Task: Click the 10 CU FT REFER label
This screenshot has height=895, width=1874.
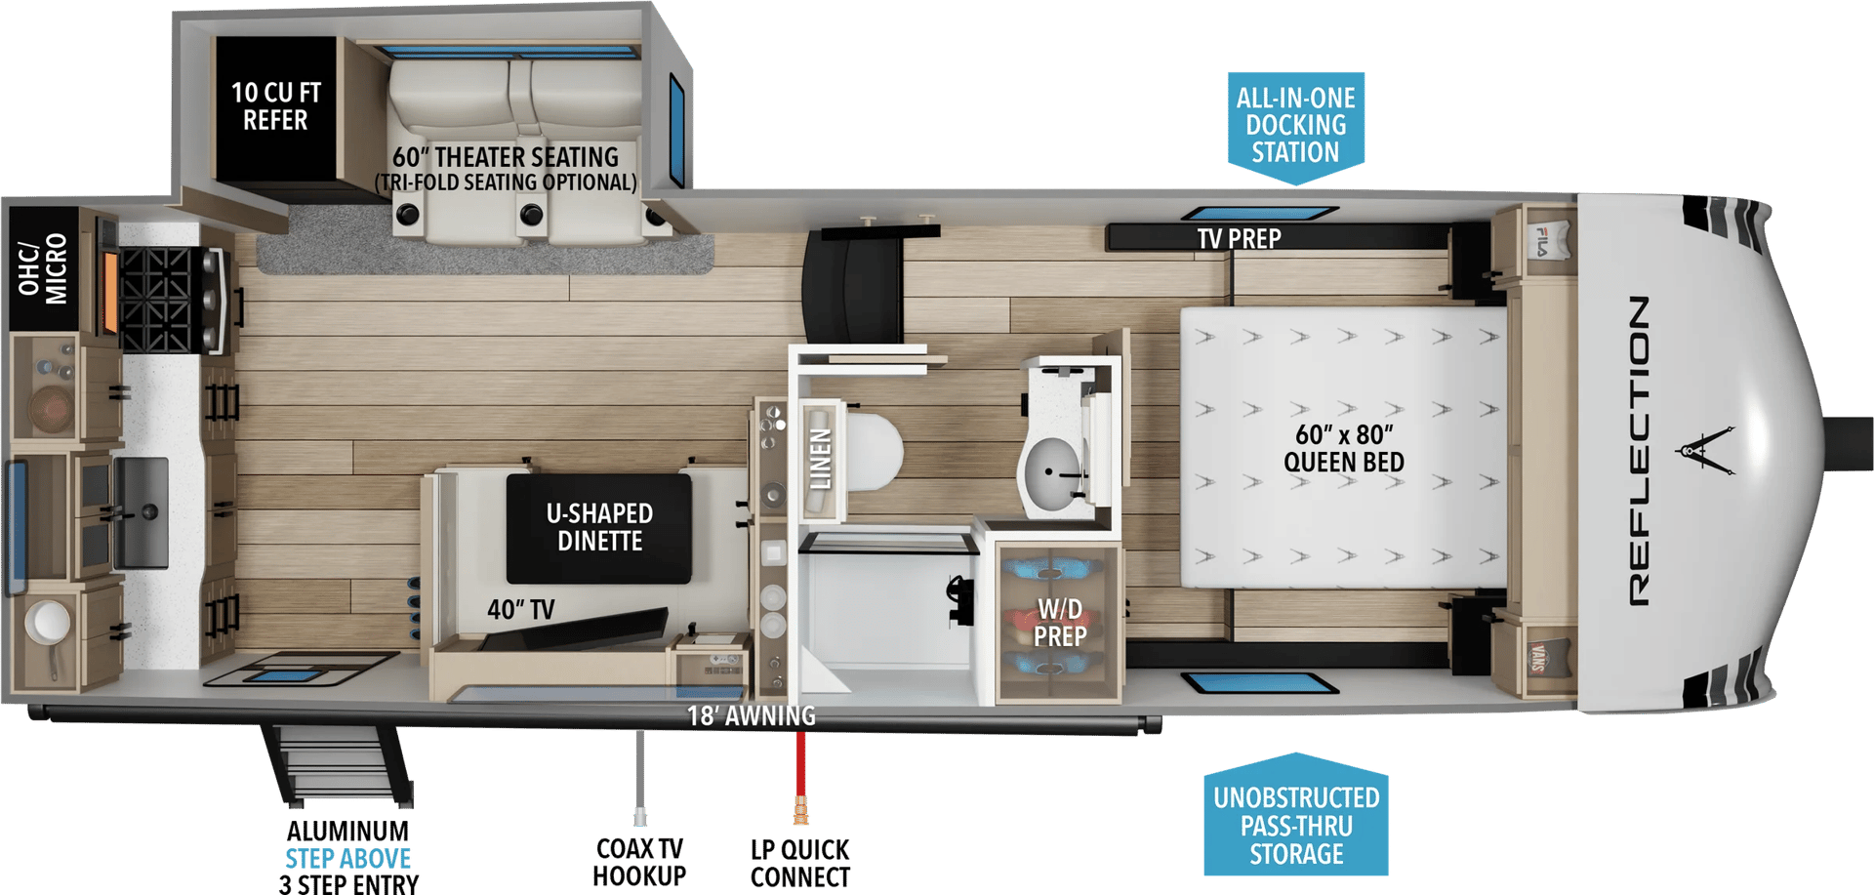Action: (275, 106)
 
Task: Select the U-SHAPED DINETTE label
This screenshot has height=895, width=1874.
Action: (599, 527)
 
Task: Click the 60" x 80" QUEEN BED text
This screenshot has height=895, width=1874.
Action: (1344, 448)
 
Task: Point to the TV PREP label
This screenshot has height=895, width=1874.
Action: (1239, 238)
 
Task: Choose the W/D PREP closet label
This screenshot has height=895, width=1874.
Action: (1060, 623)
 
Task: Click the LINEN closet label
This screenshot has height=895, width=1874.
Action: (821, 460)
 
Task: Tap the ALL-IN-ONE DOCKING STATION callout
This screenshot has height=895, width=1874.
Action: (1296, 126)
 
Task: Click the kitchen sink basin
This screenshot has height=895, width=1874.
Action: (142, 512)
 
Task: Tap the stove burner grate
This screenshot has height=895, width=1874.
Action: (156, 300)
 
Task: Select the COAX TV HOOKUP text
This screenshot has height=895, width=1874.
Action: (639, 862)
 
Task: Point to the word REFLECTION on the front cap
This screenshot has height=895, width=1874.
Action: (1640, 450)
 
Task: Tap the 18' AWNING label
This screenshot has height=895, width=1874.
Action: (752, 716)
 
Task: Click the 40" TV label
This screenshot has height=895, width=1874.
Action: (521, 610)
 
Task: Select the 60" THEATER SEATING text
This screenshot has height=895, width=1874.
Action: (506, 157)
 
